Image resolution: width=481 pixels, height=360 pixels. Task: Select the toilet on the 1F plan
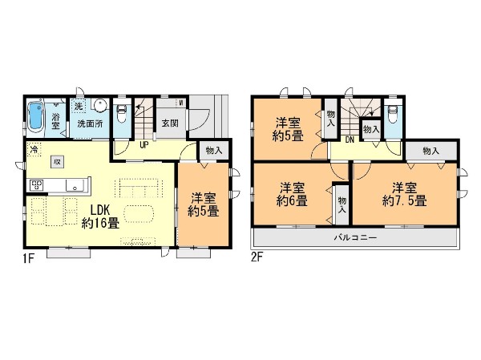tap(120, 111)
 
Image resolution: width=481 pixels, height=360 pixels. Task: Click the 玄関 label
tap(170, 123)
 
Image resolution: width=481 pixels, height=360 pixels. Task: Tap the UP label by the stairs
tap(143, 146)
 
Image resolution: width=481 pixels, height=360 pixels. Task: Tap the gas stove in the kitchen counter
tap(37, 186)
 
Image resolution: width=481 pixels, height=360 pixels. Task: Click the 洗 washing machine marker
tap(79, 106)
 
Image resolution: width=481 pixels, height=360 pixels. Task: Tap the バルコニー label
tap(355, 239)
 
